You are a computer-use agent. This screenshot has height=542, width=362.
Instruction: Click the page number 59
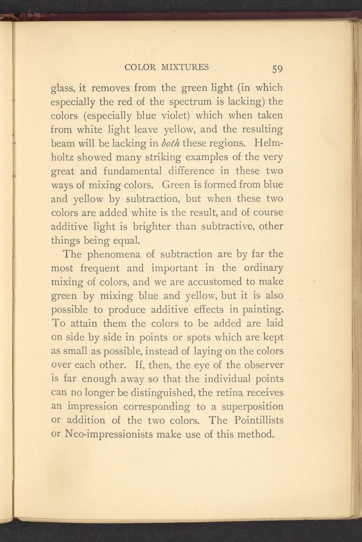277,69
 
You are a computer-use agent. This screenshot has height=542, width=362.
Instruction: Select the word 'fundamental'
132,171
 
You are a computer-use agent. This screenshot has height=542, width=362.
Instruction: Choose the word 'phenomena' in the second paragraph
114,254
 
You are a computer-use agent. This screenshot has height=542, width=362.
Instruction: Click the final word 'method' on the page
256,434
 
